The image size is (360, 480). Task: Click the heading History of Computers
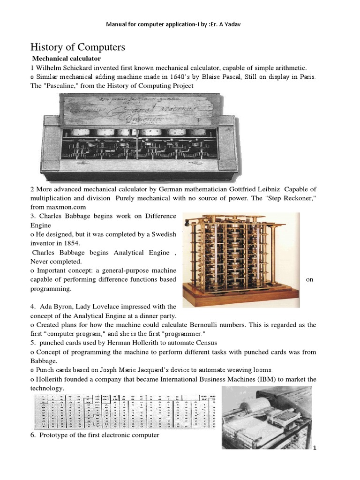click(78, 47)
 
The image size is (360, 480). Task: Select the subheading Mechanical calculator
click(66, 59)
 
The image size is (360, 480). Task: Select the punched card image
click(127, 412)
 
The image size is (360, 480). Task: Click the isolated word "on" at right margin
click(309, 279)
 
